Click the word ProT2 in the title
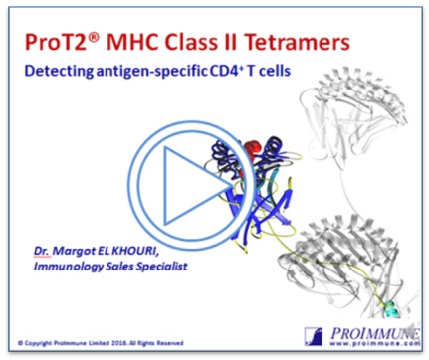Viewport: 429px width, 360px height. pyautogui.click(x=59, y=42)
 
